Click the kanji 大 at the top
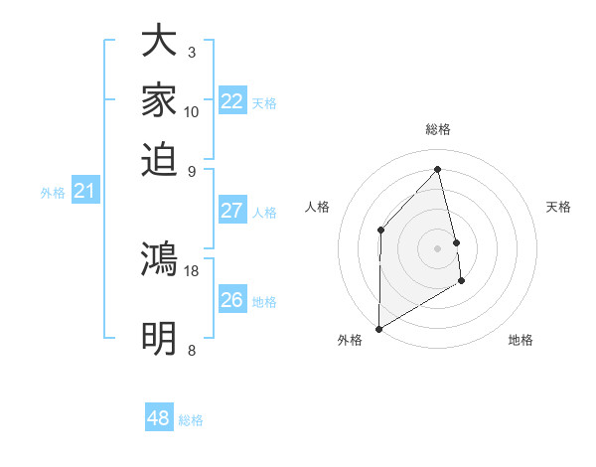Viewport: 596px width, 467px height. [159, 44]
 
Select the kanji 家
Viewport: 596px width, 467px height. [159, 101]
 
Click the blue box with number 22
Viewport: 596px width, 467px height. [232, 101]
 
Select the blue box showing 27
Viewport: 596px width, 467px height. [232, 211]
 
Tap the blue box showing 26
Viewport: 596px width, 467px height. [232, 300]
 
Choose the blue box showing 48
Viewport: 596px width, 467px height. [159, 418]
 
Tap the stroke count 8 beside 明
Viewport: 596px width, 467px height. [191, 350]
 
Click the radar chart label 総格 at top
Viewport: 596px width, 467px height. [437, 129]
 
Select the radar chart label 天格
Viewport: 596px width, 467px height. [558, 207]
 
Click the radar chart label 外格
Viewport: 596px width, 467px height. [350, 340]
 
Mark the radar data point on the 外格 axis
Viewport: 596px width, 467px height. [378, 328]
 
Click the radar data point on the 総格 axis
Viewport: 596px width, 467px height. [437, 169]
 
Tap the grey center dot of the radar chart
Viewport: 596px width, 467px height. [437, 248]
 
